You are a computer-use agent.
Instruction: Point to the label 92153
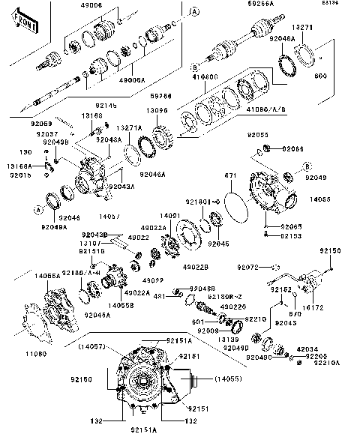pyautogui.click(x=291, y=235)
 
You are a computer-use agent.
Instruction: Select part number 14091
pyautogui.click(x=171, y=216)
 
